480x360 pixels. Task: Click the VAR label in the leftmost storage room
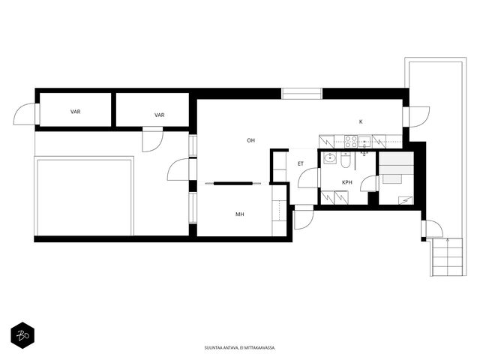pyautogui.click(x=75, y=112)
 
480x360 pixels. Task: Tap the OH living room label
pyautogui.click(x=250, y=140)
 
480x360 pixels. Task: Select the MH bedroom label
pyautogui.click(x=240, y=214)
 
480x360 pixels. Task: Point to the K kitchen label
pyautogui.click(x=361, y=121)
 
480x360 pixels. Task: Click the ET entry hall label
pyautogui.click(x=301, y=163)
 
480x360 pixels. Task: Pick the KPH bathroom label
pyautogui.click(x=346, y=182)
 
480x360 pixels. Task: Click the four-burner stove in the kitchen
pyautogui.click(x=351, y=142)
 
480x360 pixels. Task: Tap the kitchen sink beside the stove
pyautogui.click(x=364, y=142)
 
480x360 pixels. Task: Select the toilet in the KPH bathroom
pyautogui.click(x=345, y=160)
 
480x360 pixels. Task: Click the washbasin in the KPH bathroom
pyautogui.click(x=330, y=158)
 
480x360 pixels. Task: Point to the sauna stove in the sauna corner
pyautogui.click(x=391, y=179)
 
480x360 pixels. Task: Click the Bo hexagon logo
pyautogui.click(x=22, y=335)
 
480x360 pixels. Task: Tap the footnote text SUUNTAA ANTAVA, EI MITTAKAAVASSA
pyautogui.click(x=240, y=348)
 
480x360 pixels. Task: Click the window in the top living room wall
pyautogui.click(x=301, y=94)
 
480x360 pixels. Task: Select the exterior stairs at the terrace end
pyautogui.click(x=448, y=257)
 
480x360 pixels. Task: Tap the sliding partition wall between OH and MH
pyautogui.click(x=233, y=183)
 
